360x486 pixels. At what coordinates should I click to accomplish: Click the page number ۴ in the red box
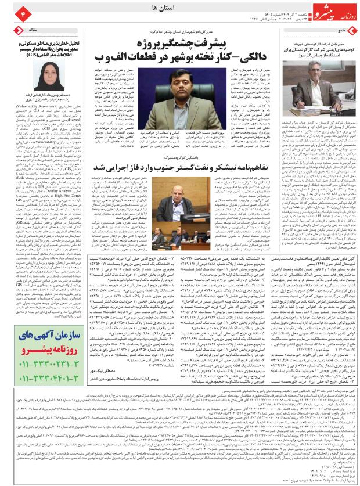(x=8, y=11)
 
